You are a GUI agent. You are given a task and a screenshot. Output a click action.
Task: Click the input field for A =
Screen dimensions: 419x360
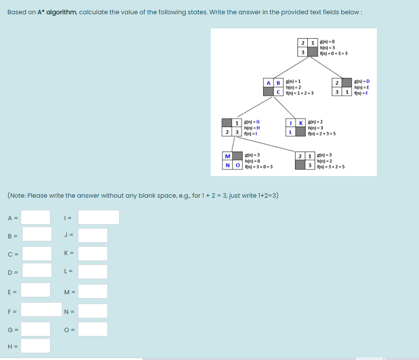[x=35, y=217]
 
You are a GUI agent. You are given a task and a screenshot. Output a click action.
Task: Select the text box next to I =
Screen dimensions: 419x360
[x=99, y=217]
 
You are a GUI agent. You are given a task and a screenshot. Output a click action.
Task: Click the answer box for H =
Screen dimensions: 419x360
[x=35, y=346]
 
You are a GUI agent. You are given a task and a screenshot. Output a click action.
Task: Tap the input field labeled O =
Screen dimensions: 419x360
[x=93, y=329]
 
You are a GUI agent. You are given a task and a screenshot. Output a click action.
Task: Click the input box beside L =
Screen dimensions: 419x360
[x=93, y=271]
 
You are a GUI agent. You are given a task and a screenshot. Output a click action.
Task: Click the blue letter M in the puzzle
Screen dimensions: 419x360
[x=227, y=156]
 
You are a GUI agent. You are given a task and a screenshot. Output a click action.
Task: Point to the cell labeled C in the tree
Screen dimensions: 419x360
[x=279, y=92]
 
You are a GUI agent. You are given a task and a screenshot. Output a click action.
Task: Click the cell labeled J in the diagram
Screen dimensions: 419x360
[x=291, y=122]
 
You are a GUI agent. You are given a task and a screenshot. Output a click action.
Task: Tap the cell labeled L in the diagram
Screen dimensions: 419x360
[x=291, y=131]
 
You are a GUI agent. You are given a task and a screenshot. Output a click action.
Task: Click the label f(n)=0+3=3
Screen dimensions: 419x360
[x=333, y=53]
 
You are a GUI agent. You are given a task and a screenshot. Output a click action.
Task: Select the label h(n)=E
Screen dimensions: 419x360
[x=364, y=87]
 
